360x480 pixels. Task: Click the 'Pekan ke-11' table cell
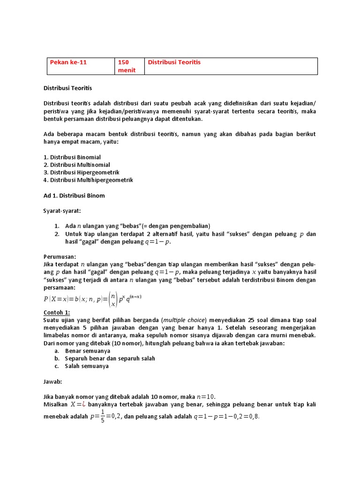click(x=81, y=66)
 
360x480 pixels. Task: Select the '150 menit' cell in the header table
click(x=129, y=66)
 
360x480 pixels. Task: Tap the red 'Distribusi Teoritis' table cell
click(x=231, y=66)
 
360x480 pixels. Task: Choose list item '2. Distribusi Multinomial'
click(x=77, y=165)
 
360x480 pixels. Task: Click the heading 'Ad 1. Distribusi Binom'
click(x=74, y=195)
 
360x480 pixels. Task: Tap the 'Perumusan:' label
click(x=60, y=256)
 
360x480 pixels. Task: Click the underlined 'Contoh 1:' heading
click(x=57, y=312)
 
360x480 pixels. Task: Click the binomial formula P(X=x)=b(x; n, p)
click(x=93, y=299)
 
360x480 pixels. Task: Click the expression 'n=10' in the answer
click(x=204, y=397)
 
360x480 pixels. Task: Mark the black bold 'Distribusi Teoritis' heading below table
click(x=67, y=88)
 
